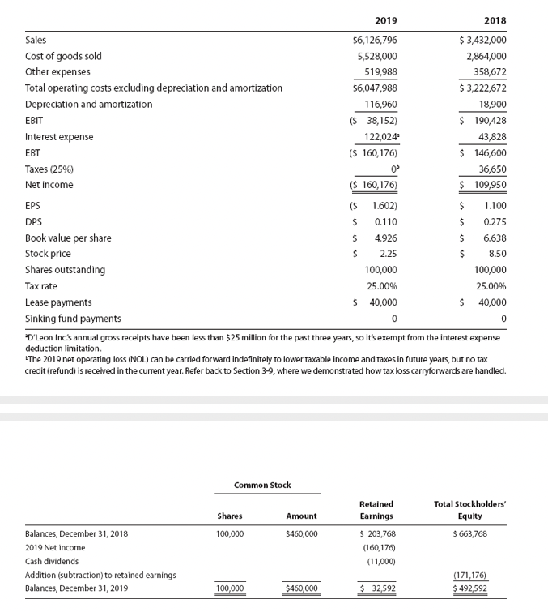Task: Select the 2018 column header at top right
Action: (x=495, y=20)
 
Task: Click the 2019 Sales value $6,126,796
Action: (x=375, y=40)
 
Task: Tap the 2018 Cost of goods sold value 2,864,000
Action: (x=486, y=56)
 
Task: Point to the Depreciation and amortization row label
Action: (x=88, y=105)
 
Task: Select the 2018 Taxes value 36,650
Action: (x=492, y=169)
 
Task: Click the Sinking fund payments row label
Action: (x=73, y=318)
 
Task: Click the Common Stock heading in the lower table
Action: (x=262, y=485)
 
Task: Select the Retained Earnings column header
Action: (x=376, y=509)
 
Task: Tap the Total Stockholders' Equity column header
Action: (x=469, y=509)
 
